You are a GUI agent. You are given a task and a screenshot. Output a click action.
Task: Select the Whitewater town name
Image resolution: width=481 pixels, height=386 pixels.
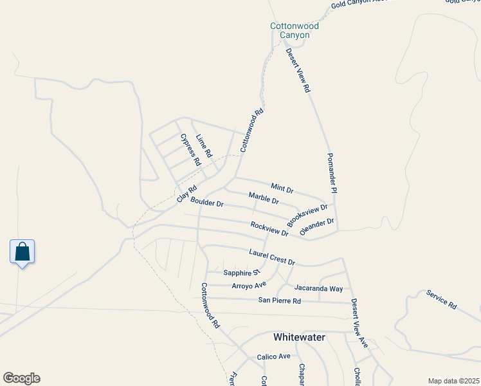[299, 337]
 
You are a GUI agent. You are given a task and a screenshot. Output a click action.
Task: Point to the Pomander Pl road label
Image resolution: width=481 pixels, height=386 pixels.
[332, 173]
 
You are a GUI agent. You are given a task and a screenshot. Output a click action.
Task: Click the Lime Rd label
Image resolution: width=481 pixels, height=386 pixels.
[204, 146]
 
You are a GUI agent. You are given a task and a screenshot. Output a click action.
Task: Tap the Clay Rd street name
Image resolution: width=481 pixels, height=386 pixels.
[186, 193]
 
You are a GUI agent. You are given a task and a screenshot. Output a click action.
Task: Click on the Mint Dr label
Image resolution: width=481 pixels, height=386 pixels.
[282, 188]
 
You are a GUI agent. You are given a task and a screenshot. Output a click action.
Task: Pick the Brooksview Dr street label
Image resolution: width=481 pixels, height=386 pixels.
[307, 215]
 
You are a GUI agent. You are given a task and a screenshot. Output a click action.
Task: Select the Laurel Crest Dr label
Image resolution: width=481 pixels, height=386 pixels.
[271, 257]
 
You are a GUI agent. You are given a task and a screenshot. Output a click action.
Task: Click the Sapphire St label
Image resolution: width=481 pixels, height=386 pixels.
[240, 273]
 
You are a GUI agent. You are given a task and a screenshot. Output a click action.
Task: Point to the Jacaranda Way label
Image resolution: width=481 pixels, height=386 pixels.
[318, 289]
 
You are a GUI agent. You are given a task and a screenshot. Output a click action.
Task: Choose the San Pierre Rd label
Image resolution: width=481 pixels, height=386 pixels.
[279, 300]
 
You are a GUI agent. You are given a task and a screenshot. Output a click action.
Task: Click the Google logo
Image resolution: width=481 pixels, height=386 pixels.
[21, 378]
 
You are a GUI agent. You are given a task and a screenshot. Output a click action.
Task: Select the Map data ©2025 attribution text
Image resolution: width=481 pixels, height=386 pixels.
[453, 380]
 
